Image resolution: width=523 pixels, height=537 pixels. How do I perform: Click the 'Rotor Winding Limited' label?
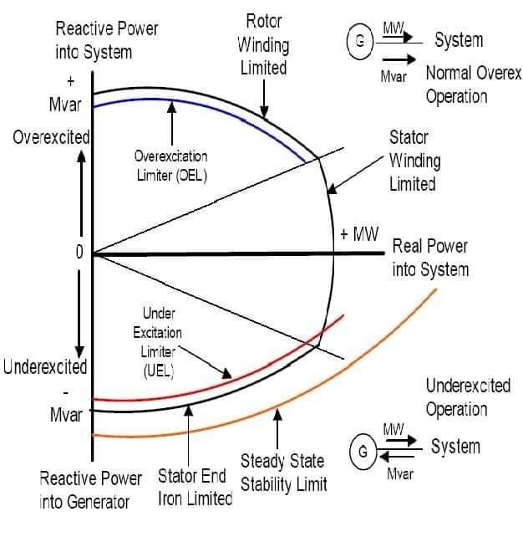(263, 43)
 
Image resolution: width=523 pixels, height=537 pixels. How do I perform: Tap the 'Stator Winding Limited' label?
(415, 160)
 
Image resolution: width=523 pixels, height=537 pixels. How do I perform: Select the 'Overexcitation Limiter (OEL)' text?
(171, 166)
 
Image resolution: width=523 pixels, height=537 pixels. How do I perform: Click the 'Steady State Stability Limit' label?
(284, 473)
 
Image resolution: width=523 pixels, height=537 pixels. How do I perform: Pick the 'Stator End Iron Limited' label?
(195, 488)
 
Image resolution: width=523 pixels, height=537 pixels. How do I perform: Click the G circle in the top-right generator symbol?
(362, 43)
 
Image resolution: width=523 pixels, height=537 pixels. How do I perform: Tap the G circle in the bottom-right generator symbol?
(363, 453)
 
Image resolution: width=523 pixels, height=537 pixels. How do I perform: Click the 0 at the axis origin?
(79, 253)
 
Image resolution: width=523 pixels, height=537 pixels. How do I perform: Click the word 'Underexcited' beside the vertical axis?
(45, 367)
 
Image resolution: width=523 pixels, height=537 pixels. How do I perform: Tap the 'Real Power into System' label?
(431, 258)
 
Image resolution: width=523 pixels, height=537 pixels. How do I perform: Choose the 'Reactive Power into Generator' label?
(90, 491)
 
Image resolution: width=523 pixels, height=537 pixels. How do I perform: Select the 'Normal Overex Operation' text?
(474, 84)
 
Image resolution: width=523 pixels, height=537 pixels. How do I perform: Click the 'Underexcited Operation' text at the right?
(468, 397)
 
